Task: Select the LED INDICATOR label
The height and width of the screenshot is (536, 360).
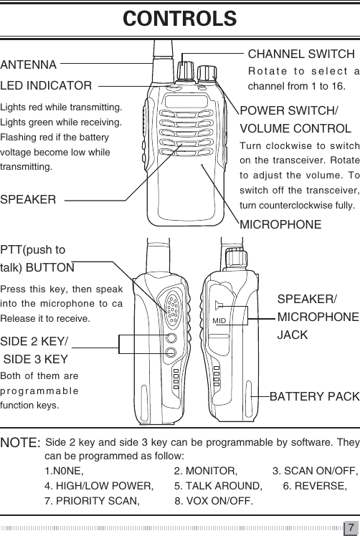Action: (46, 87)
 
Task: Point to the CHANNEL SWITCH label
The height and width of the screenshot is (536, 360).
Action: (300, 54)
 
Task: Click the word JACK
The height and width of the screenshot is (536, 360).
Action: (292, 334)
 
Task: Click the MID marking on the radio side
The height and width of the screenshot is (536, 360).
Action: (219, 320)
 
